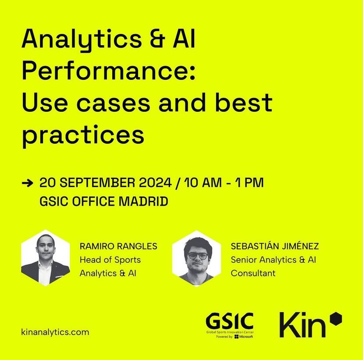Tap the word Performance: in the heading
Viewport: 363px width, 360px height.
pos(106,72)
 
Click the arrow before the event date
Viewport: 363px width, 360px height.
pos(27,183)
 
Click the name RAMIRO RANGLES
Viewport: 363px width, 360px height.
pos(118,246)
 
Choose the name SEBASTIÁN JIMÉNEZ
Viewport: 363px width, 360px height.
pos(274,246)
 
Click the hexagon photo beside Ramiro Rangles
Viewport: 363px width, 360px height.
pos(46,257)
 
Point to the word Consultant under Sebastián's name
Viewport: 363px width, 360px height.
pos(253,273)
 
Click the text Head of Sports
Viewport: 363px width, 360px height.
pos(110,260)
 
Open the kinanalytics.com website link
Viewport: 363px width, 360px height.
pos(55,332)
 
